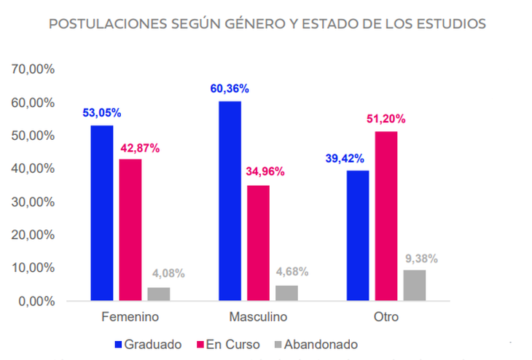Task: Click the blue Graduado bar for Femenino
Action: tap(102, 213)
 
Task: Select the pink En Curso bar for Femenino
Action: tap(131, 230)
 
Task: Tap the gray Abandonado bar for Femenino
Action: tap(159, 294)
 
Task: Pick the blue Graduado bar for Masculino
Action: tap(230, 200)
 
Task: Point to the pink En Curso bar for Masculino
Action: tap(258, 243)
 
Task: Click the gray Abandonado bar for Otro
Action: tap(415, 285)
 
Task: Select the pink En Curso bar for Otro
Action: tap(386, 216)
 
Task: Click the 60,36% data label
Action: tap(230, 89)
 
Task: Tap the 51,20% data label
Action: tap(386, 119)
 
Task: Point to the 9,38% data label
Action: tap(415, 258)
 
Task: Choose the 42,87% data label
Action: tap(138, 148)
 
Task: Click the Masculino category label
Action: tap(258, 318)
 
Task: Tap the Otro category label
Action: tap(386, 318)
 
